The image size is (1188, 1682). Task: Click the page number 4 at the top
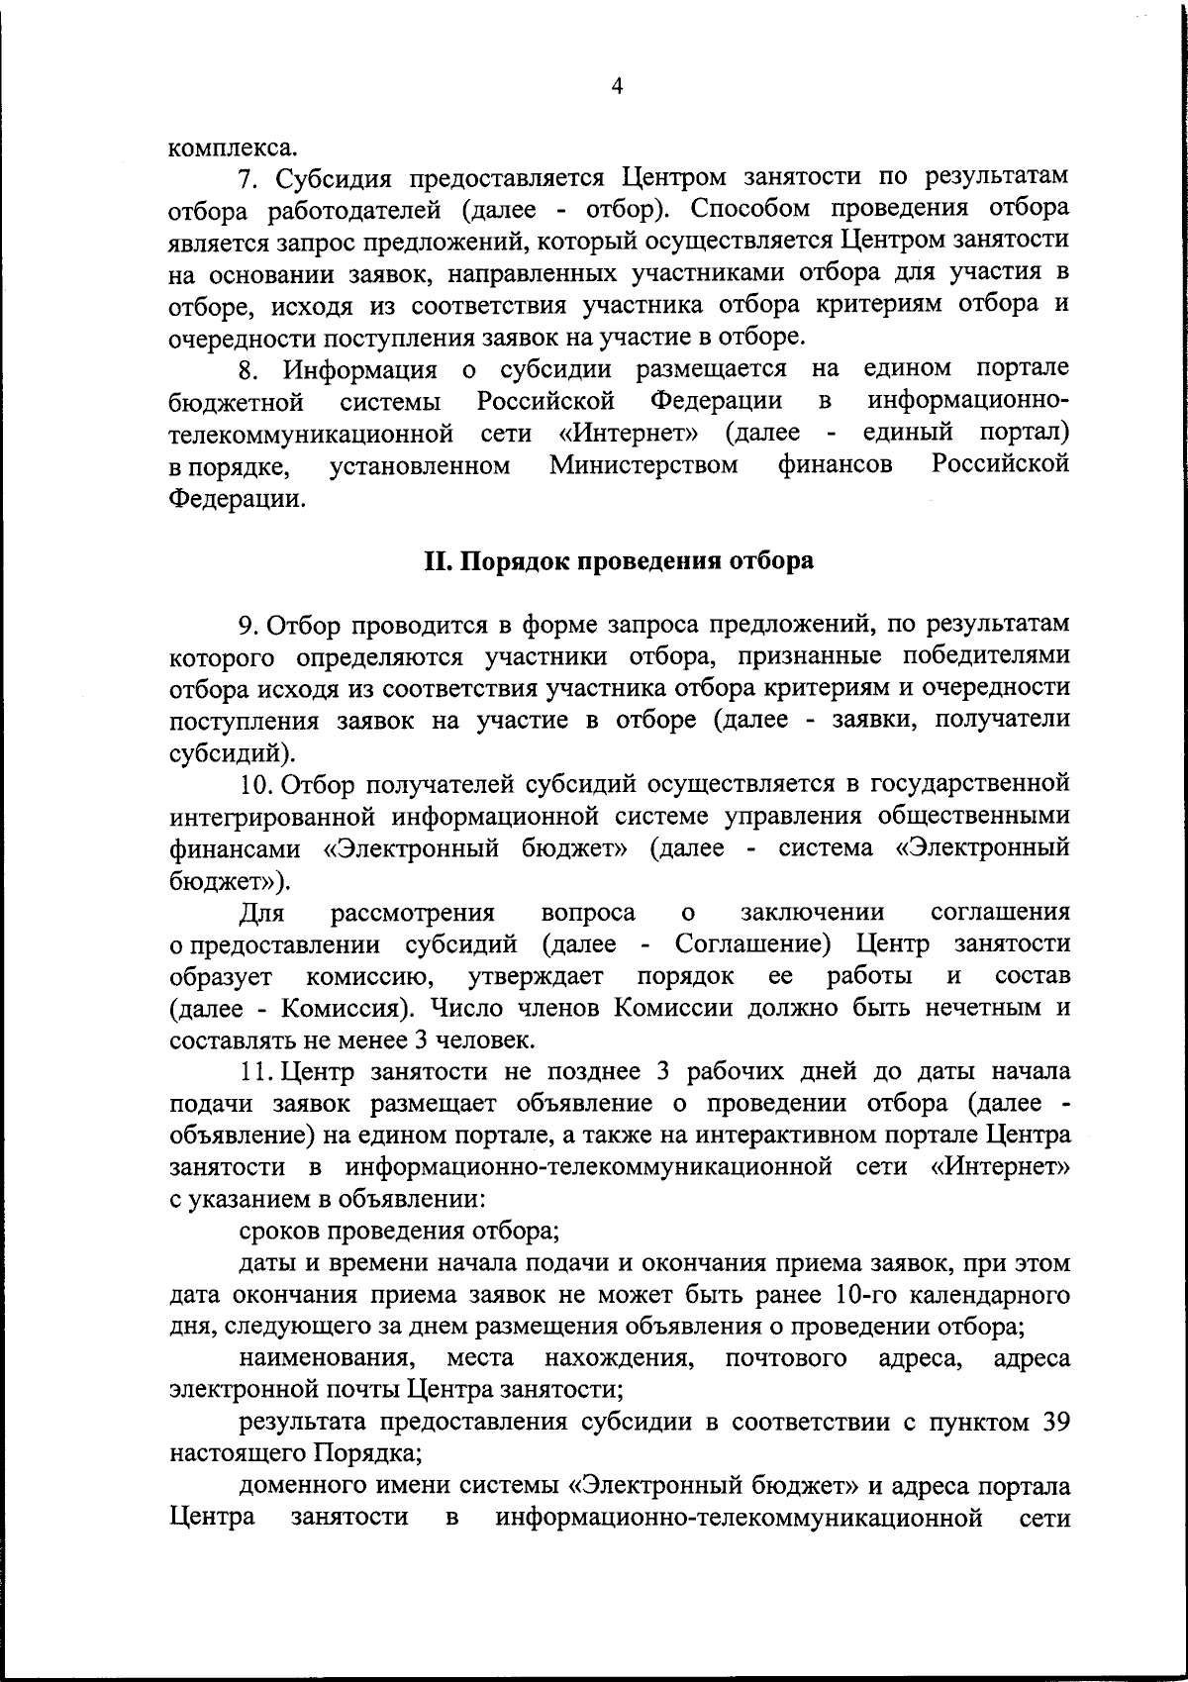(x=617, y=87)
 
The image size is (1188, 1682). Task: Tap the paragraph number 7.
(x=248, y=179)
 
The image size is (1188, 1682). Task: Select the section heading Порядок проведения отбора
(x=619, y=561)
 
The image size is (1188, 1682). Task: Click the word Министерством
(x=643, y=464)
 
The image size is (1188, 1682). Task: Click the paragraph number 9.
(x=248, y=625)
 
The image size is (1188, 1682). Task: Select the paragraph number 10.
(x=256, y=785)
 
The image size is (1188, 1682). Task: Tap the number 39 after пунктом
(x=1050, y=1423)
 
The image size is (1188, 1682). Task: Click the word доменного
(x=299, y=1486)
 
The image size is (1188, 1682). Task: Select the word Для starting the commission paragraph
(x=262, y=912)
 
